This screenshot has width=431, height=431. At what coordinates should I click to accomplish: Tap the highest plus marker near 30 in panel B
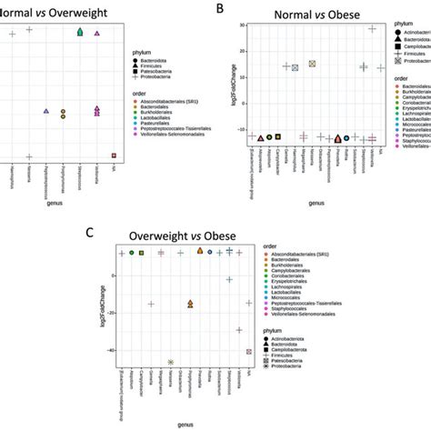coord(372,29)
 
